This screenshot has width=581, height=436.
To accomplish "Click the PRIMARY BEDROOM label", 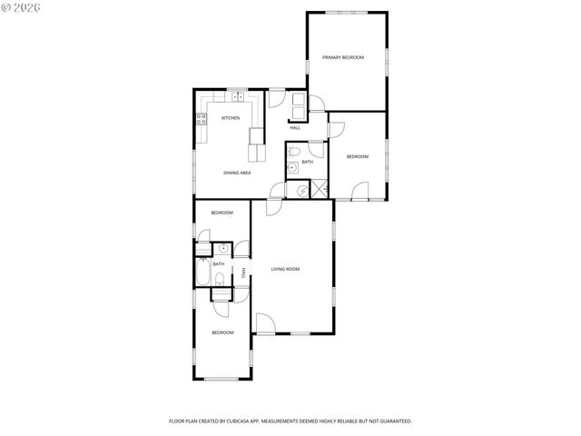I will (x=343, y=57).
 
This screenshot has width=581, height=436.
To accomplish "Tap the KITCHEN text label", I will (x=231, y=118).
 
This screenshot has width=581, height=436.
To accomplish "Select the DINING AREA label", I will (x=238, y=173).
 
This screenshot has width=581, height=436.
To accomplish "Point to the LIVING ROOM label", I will (x=285, y=269).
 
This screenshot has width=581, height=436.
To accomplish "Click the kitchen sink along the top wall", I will (x=238, y=96).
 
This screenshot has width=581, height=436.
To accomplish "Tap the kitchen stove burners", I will (x=202, y=118).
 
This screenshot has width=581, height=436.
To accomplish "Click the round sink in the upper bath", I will (x=292, y=167).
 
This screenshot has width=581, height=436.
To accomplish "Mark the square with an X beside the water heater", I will (x=319, y=189).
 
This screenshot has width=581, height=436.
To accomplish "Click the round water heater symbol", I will (x=301, y=190).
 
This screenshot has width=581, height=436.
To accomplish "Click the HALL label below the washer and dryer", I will (x=295, y=128).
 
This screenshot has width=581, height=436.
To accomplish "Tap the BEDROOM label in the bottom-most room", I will (x=222, y=332).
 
